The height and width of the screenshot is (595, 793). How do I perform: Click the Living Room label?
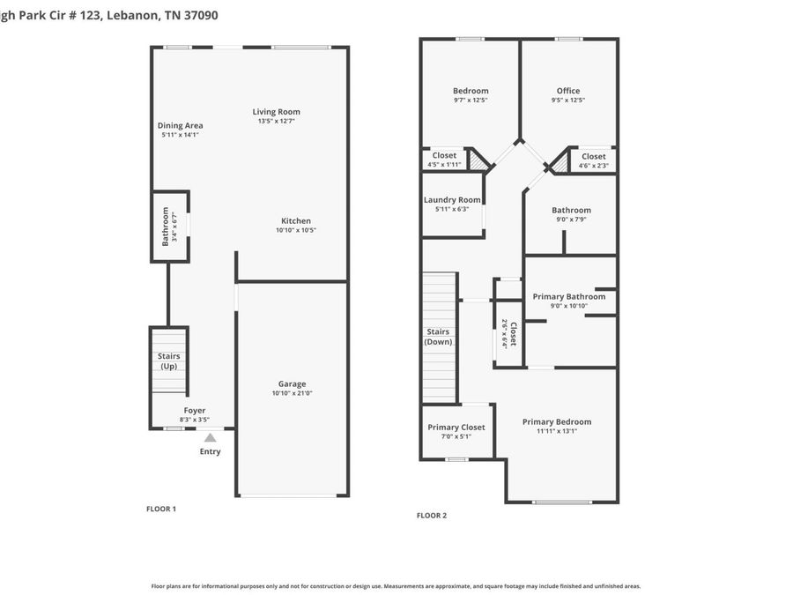[x=277, y=112]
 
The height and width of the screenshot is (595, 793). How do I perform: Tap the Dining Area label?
[x=181, y=126]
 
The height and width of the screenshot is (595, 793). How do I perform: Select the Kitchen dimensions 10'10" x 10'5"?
[x=296, y=231]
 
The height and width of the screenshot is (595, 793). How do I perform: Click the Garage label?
[x=293, y=383]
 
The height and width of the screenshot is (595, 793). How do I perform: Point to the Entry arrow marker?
[x=210, y=436]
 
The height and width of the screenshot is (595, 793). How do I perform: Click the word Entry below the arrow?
[x=210, y=451]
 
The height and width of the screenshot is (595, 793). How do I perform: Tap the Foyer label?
[x=194, y=411]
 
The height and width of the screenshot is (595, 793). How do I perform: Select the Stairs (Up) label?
[x=169, y=361]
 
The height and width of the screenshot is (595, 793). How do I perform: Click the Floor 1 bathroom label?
[x=165, y=227]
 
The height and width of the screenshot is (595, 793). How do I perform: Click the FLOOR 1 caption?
[x=161, y=509]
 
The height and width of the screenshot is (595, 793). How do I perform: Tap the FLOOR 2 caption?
[x=432, y=516]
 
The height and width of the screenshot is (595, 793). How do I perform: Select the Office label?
[x=568, y=91]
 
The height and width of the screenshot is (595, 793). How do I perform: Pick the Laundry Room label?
[x=452, y=200]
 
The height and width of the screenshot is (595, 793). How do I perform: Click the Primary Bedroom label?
[x=557, y=421]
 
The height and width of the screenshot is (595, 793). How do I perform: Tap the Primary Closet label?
[x=456, y=428]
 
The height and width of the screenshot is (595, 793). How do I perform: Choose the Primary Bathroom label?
[x=569, y=296]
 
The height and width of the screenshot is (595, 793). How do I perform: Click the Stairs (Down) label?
[x=438, y=337]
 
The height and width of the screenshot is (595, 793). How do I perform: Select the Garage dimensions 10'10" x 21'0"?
[x=293, y=394]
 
